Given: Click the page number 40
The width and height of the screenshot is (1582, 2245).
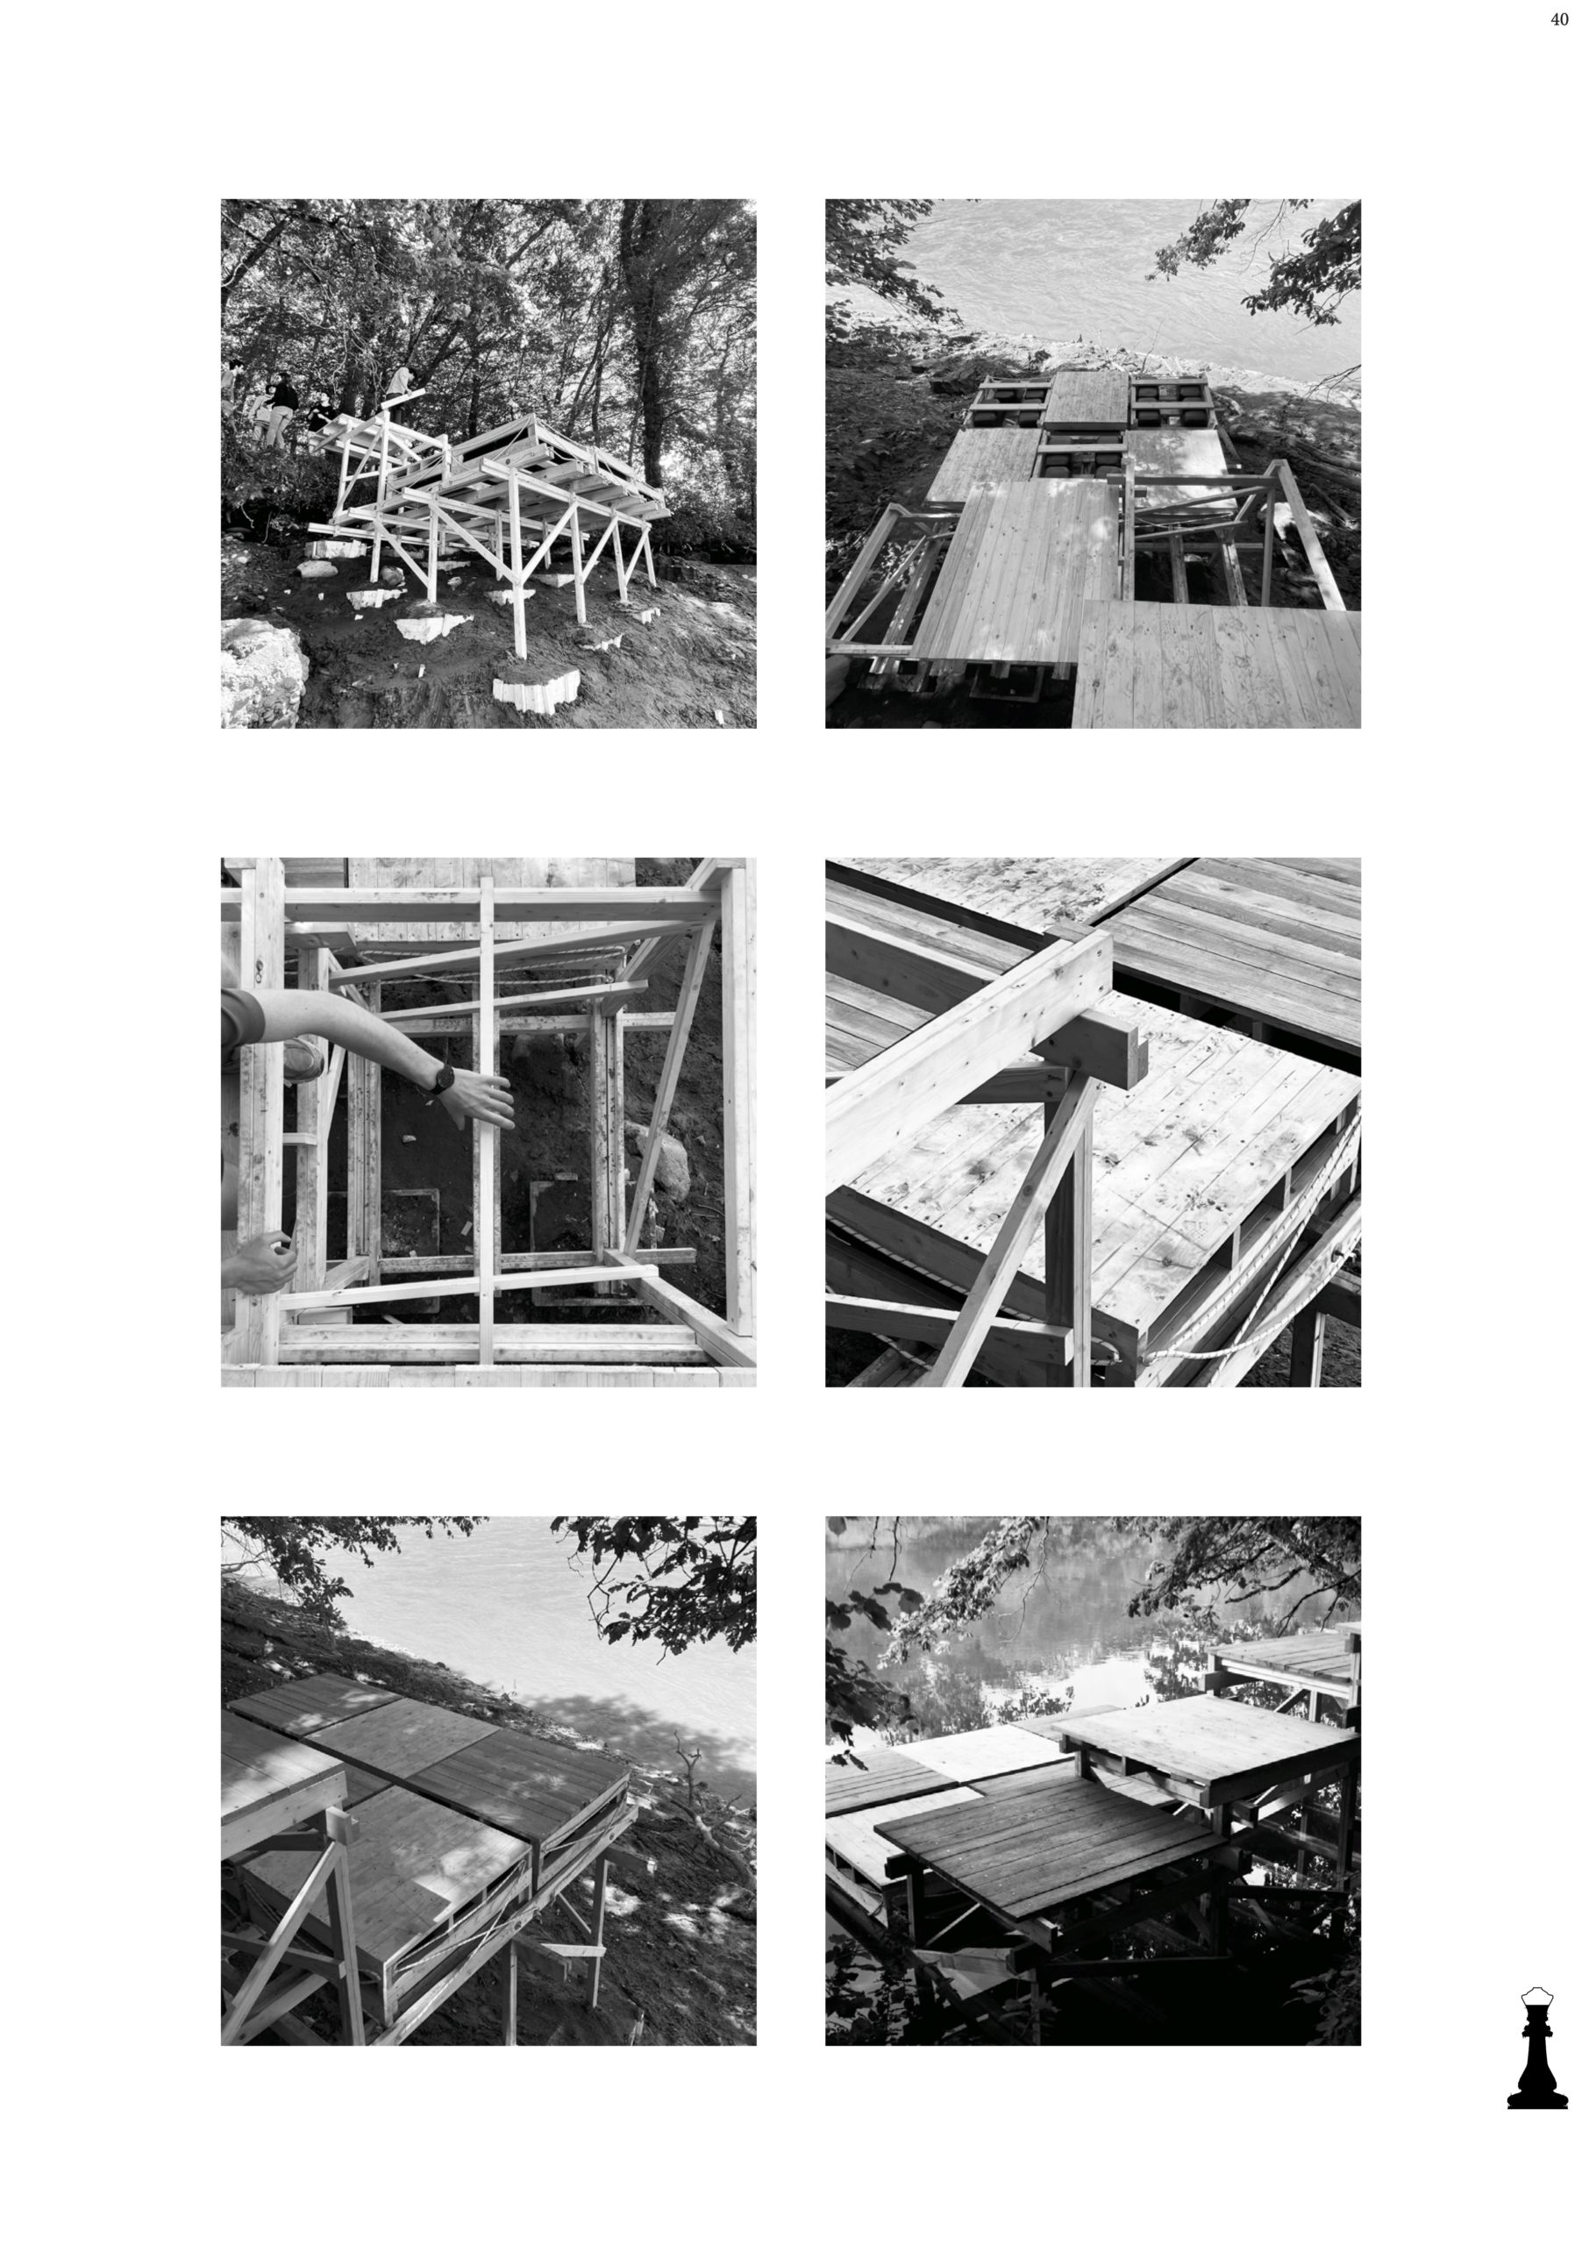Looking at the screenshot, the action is (x=1559, y=20).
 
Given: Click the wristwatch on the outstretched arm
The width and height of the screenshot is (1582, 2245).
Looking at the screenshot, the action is (x=442, y=1078).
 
